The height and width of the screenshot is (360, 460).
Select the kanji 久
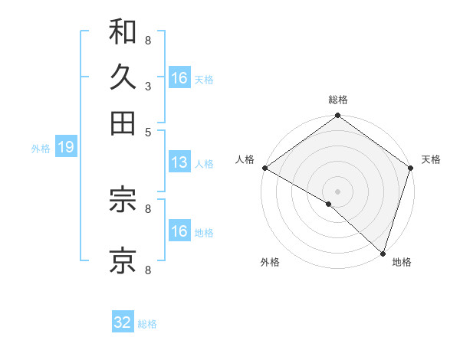[x=123, y=77]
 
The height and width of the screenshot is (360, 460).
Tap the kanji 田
[x=123, y=123]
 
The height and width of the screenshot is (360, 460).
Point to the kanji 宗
[x=123, y=201]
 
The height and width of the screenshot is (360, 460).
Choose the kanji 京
[x=123, y=260]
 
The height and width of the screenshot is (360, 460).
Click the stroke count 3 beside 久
[x=147, y=86]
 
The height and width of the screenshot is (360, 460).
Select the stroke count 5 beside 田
[x=147, y=131]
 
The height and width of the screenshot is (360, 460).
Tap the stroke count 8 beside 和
[x=147, y=40]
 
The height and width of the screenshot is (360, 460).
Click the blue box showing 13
[x=179, y=162]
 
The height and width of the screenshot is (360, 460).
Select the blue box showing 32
[x=123, y=322]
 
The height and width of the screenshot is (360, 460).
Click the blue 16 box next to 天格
[x=179, y=78]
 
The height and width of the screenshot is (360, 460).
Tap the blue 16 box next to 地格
[x=179, y=231]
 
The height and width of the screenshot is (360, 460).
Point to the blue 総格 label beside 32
[x=148, y=324]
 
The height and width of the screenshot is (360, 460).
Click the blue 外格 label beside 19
[x=41, y=149]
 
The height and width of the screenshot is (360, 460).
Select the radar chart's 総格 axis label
[x=337, y=100]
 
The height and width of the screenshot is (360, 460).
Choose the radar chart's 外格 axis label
[x=270, y=263]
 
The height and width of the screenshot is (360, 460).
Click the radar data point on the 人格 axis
[x=264, y=168]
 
